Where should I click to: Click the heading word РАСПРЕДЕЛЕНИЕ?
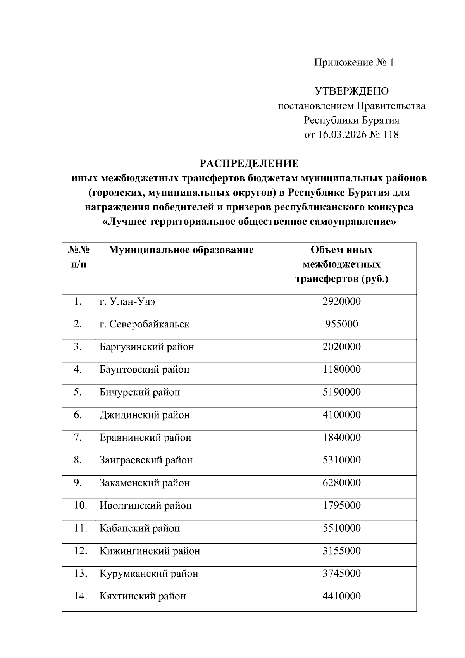[x=249, y=164]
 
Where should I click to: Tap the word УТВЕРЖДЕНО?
[x=351, y=91]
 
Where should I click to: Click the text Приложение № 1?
[x=353, y=62]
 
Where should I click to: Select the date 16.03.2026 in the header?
[x=342, y=135]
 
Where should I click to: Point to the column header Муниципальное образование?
[x=181, y=250]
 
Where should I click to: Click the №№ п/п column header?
[x=79, y=257]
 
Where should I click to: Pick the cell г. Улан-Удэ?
[x=127, y=301]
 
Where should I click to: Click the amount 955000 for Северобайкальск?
[x=341, y=324]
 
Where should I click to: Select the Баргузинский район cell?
[x=147, y=347]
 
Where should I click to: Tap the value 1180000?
[x=341, y=369]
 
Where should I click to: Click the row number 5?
[x=78, y=392]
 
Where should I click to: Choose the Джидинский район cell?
[x=145, y=415]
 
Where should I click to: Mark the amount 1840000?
[x=341, y=438]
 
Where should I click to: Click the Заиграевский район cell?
[x=146, y=460]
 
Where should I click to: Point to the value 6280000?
[x=341, y=483]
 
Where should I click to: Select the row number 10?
[x=80, y=505]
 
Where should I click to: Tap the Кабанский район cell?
[x=139, y=528]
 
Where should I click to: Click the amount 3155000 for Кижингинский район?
[x=341, y=551]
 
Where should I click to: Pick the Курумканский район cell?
[x=149, y=574]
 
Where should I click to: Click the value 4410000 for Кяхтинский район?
[x=341, y=596]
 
